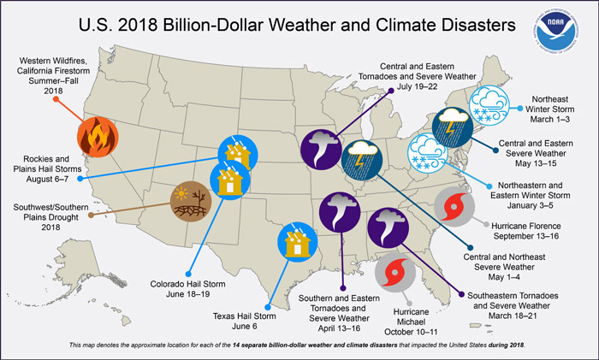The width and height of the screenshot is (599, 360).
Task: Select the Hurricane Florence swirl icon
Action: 451,206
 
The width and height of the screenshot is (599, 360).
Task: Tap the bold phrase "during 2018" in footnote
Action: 505,344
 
